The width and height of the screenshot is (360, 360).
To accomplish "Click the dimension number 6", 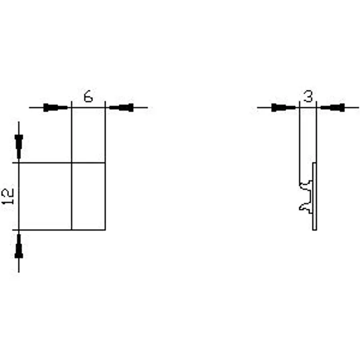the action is [88, 96].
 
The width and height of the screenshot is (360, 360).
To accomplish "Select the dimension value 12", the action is [8, 196].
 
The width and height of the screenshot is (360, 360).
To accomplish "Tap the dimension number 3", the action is [308, 96].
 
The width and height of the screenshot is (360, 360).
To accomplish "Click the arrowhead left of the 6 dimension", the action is [55, 108].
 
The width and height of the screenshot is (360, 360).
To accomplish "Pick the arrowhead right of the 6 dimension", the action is [121, 108].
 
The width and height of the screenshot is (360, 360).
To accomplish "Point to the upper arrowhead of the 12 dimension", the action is [19, 147].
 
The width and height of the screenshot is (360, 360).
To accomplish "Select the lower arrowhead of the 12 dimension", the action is [19, 246].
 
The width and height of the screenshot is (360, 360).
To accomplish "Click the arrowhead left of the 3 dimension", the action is [283, 108].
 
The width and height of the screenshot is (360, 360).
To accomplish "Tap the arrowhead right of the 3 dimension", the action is [333, 108].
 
